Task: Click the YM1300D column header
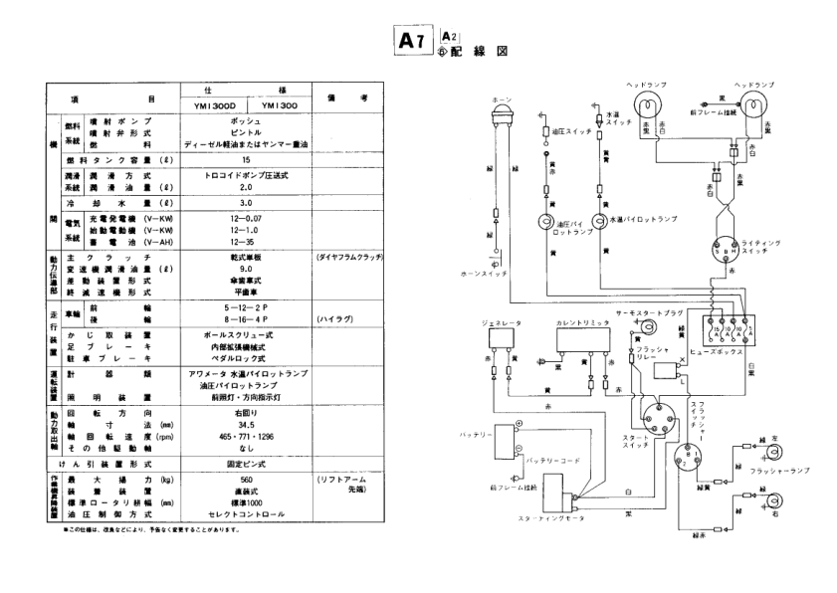pos(212,103)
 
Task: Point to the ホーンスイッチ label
pos(494,272)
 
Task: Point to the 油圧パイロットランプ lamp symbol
pos(546,222)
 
